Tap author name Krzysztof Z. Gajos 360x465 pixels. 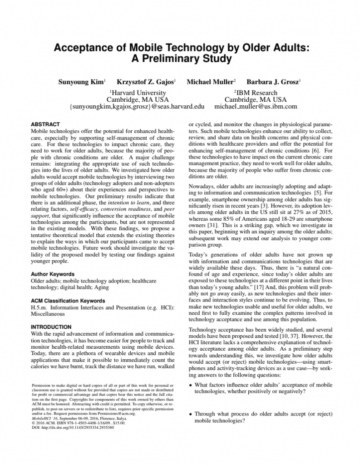[146, 82]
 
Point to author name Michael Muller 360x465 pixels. [210, 82]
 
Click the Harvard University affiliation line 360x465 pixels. [137, 93]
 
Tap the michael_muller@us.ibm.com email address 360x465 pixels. [256, 107]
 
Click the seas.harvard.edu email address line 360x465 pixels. [137, 107]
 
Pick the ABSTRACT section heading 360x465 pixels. [45, 124]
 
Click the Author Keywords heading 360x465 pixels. [52, 274]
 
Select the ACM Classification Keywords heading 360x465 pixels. [68, 301]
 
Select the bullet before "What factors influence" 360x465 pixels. [190, 386]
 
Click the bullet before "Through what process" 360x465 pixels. [190, 414]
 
